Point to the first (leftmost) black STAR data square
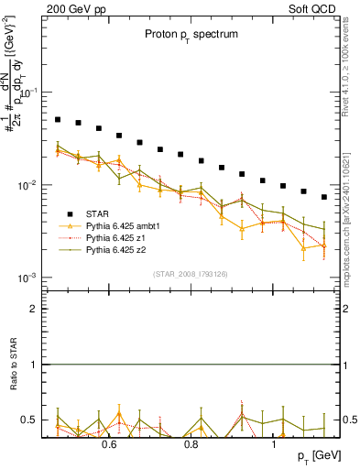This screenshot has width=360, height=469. (58, 120)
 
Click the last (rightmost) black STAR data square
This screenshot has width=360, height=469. (324, 197)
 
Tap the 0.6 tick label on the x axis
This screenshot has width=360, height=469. (108, 445)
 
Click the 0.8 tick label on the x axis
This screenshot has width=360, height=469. (191, 445)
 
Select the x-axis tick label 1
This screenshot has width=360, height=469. (275, 445)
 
